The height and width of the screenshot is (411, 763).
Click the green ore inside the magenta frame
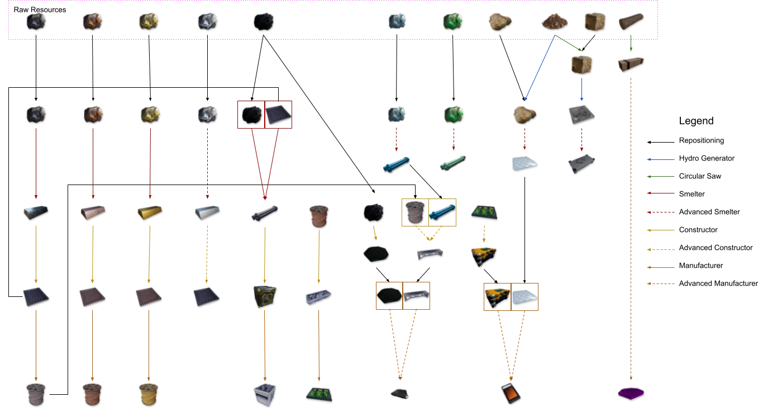(x=452, y=21)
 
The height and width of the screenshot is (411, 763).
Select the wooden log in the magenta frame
(x=631, y=21)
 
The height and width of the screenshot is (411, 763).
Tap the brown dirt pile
(x=555, y=22)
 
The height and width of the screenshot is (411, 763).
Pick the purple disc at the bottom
(x=632, y=392)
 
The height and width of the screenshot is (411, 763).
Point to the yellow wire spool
(x=149, y=393)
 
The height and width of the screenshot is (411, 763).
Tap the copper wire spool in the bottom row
(x=92, y=393)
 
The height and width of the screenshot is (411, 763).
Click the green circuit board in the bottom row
(x=319, y=393)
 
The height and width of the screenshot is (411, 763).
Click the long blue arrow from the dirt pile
(x=540, y=70)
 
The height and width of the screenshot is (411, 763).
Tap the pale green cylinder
(x=454, y=164)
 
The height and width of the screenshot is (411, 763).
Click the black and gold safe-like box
(x=264, y=295)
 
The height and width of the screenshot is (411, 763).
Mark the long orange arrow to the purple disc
(x=632, y=224)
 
